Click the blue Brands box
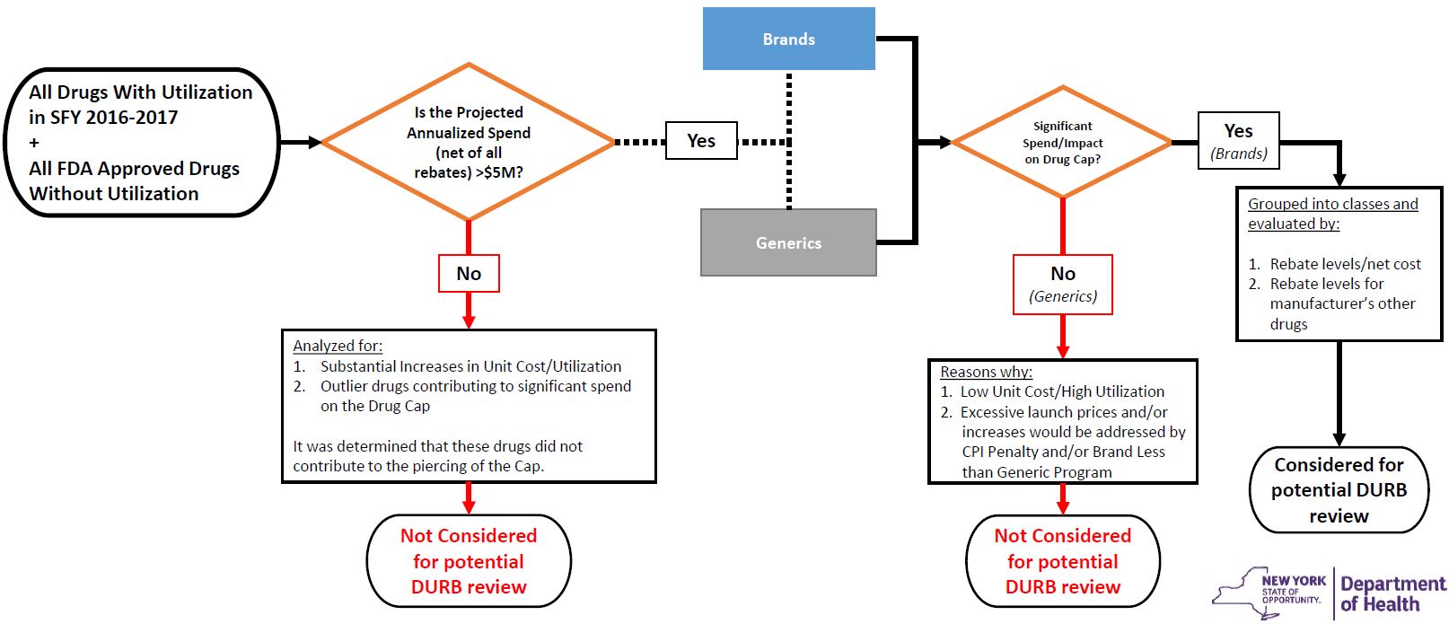(x=788, y=39)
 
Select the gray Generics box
(x=788, y=242)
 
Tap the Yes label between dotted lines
(x=701, y=141)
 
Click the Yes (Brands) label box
(x=1238, y=141)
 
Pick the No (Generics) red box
(x=1062, y=284)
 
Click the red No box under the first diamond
(x=469, y=273)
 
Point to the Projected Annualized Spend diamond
(x=469, y=141)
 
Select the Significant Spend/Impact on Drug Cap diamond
(x=1062, y=142)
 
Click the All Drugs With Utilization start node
(x=141, y=142)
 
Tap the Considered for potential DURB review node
(x=1338, y=489)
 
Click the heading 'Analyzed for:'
(x=338, y=346)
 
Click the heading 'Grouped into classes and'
(x=1332, y=204)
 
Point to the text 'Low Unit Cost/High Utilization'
(x=1062, y=391)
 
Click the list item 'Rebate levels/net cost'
(x=1345, y=264)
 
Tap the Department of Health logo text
(x=1392, y=593)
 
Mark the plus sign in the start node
(x=34, y=142)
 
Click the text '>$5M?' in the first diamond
(x=498, y=172)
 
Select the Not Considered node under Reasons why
(x=1062, y=560)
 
